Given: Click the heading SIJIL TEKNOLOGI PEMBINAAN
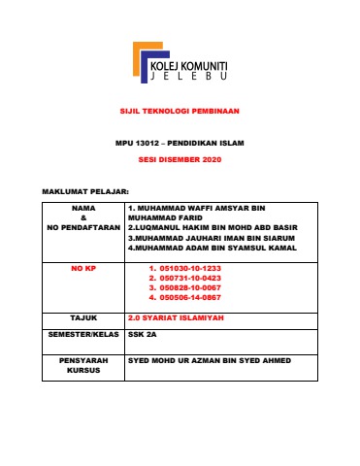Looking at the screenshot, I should click(180, 112).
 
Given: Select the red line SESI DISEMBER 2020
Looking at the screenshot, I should click(180, 158).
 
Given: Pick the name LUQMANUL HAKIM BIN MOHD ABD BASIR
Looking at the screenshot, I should click(213, 228).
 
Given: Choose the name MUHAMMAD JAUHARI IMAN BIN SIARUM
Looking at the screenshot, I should click(213, 238).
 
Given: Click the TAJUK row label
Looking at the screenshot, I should click(83, 317).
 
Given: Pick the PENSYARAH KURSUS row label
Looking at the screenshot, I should click(83, 365).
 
